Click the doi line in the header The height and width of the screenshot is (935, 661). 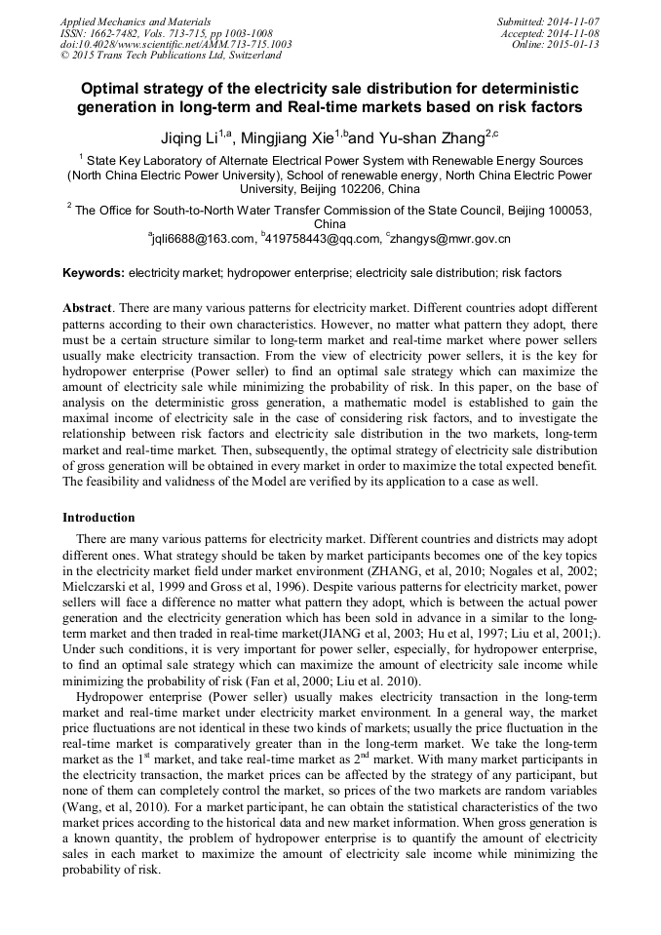175,45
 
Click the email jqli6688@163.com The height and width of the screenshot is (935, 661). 204,238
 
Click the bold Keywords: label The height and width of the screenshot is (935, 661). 94,273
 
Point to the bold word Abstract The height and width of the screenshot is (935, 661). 87,307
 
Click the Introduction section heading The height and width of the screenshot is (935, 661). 98,518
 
